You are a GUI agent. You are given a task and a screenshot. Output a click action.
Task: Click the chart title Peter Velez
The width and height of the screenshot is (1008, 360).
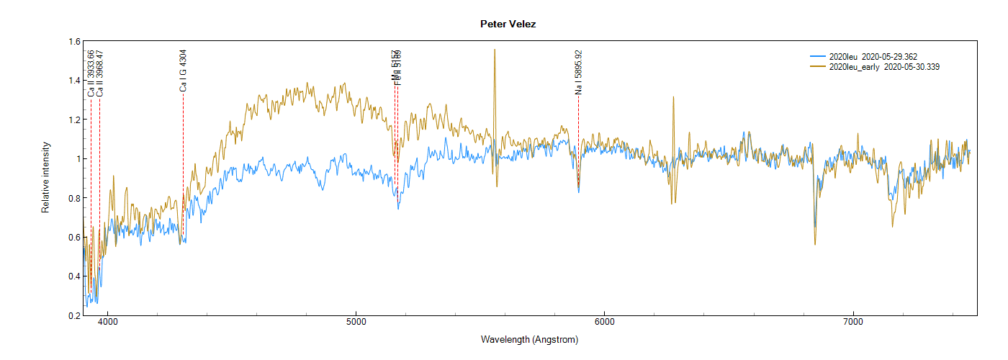pos(508,24)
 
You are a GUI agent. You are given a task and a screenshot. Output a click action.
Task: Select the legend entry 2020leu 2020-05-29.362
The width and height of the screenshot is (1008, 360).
pos(873,56)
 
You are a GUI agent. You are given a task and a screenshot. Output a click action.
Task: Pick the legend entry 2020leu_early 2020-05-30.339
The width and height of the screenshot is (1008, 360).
pos(884,67)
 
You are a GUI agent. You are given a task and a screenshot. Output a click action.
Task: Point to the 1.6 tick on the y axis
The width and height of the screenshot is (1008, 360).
pos(75,41)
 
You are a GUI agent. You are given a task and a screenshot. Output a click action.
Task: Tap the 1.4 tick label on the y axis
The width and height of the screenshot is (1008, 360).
pos(75,80)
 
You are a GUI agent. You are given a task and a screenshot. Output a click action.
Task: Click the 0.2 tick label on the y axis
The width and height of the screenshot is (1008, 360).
pos(75,315)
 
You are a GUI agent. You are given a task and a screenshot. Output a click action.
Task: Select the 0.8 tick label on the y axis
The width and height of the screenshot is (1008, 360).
pos(75,198)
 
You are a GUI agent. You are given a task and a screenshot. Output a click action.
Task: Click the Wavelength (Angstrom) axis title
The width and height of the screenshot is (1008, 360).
pos(529,340)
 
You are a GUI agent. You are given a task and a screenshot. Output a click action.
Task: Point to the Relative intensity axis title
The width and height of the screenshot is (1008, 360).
pos(45,178)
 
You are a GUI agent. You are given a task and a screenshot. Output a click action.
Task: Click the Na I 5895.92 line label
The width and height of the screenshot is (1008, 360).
pos(578,72)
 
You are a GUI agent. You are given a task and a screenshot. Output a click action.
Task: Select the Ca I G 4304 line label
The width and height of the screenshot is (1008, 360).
pos(183,71)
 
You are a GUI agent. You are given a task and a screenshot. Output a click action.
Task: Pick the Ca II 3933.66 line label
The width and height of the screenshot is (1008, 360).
pos(91,73)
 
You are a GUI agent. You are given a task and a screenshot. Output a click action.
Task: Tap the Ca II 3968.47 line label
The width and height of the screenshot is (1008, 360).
pos(99,73)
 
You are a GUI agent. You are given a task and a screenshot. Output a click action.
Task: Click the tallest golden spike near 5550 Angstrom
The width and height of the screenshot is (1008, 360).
pos(495,50)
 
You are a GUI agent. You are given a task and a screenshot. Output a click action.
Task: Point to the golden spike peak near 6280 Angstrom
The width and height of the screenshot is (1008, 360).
pos(673,97)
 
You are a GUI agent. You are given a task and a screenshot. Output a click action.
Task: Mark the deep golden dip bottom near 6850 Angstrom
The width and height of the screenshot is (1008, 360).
pos(815,244)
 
